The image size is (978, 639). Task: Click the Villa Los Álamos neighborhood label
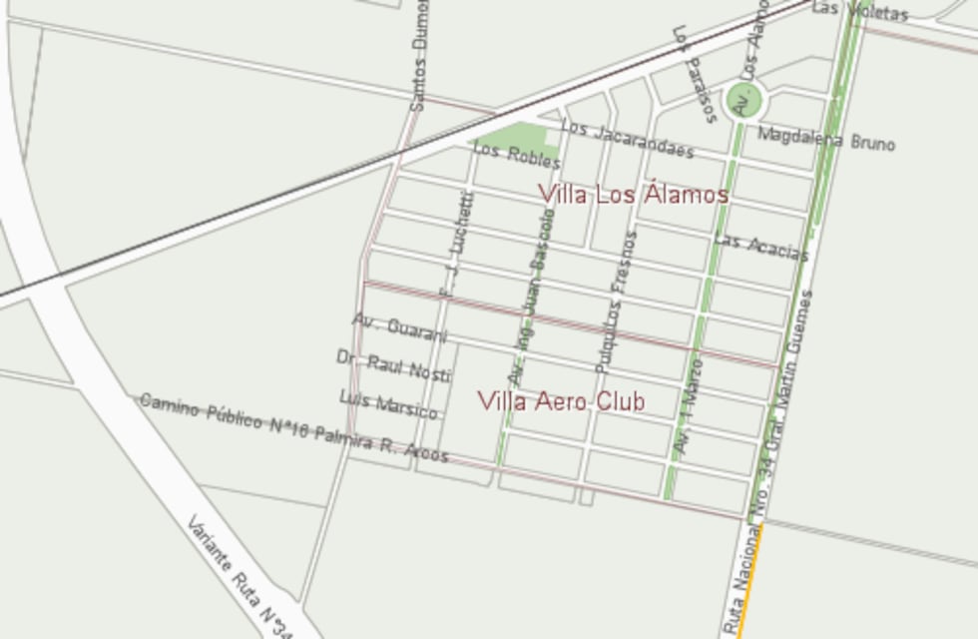[x=634, y=194]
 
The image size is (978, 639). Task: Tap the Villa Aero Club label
[x=561, y=401]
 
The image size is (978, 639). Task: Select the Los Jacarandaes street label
[x=627, y=140]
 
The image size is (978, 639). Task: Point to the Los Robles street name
[x=516, y=155]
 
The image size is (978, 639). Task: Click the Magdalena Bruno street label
[x=826, y=139]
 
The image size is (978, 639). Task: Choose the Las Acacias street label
[x=760, y=247]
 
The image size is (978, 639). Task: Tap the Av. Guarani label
[x=400, y=326]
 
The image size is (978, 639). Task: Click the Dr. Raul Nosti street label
[x=393, y=366]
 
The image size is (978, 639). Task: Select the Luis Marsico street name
[x=388, y=403]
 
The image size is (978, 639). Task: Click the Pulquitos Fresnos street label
[x=616, y=303]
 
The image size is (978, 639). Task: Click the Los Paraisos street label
[x=695, y=74]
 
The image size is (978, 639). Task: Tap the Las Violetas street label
[x=859, y=11]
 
